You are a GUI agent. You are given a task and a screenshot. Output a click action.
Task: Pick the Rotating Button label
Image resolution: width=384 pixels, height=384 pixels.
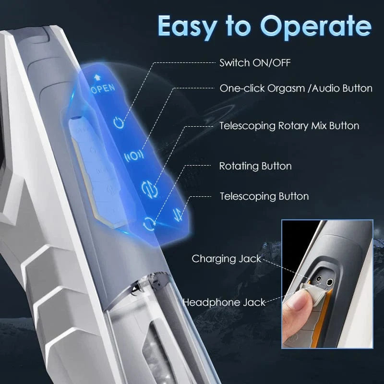[x=255, y=166]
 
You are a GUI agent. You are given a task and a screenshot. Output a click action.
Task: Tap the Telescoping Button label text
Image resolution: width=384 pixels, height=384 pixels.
[x=264, y=196]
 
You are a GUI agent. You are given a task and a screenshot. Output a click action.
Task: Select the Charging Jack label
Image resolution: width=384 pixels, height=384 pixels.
[x=219, y=259]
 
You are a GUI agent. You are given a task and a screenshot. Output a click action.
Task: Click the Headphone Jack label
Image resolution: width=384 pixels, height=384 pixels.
[x=224, y=302]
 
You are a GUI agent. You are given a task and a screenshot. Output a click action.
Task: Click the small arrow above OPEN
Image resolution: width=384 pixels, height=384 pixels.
[x=96, y=77]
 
